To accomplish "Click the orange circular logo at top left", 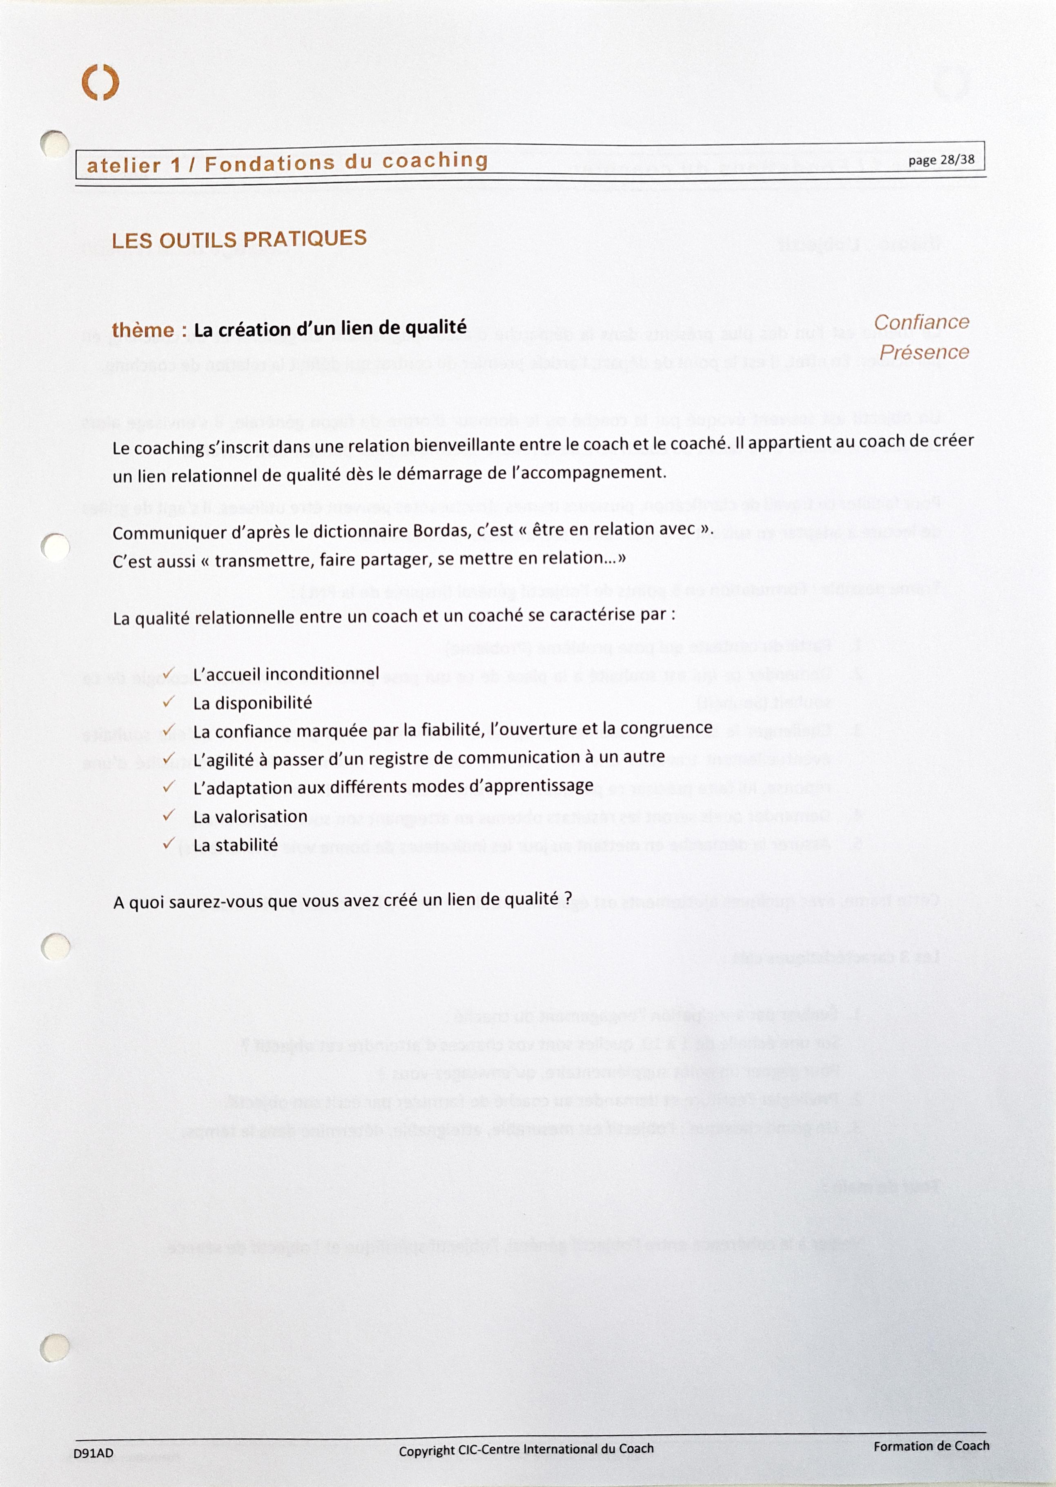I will coord(100,82).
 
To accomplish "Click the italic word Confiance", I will coord(921,322).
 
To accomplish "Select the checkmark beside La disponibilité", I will coord(168,702).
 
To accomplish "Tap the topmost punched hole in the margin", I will coord(55,144).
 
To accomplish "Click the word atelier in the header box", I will coord(124,165).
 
